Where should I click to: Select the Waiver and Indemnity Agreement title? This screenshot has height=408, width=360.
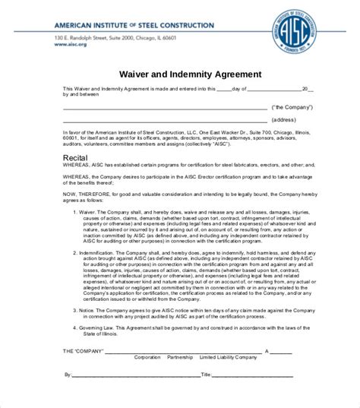pos(180,74)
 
